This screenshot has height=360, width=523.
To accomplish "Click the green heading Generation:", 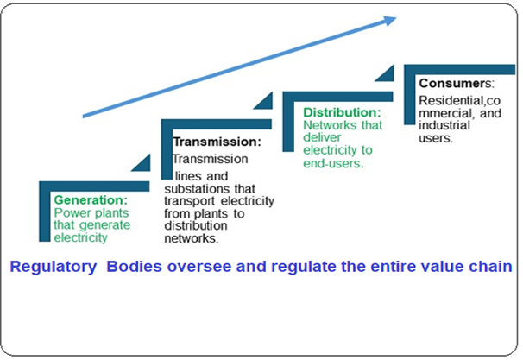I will pos(90,199).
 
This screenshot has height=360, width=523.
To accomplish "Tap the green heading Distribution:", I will pos(342,112).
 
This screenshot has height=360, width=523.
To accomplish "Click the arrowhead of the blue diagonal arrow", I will pos(388,21).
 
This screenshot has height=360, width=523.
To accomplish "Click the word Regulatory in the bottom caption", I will pos(53,268).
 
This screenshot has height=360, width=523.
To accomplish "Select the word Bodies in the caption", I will pos(134,268).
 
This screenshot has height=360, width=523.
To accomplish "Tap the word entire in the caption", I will pos(382,268).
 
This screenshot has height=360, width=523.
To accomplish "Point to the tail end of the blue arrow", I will pos(84,116).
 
